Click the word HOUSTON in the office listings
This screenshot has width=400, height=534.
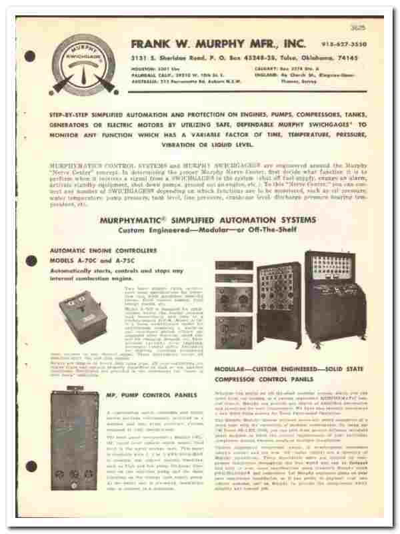pyautogui.click(x=144, y=69)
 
